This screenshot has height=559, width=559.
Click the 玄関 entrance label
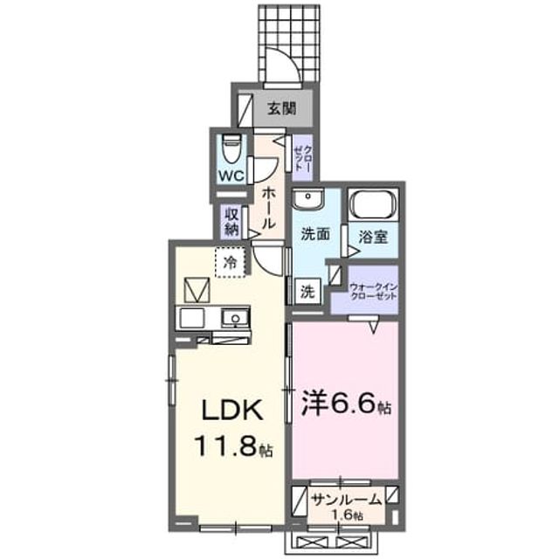click(x=282, y=108)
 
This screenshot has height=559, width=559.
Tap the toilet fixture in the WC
click(x=231, y=149)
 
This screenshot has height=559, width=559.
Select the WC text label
click(x=231, y=176)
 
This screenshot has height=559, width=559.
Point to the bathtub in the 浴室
click(x=373, y=205)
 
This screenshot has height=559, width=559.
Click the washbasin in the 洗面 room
click(x=307, y=198)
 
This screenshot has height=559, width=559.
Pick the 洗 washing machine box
click(x=307, y=291)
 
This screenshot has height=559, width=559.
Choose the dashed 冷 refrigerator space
click(x=231, y=262)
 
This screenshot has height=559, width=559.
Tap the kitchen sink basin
click(x=234, y=317)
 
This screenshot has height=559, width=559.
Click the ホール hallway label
click(x=269, y=209)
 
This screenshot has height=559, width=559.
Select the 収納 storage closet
click(x=231, y=221)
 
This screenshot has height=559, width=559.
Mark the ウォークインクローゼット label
click(x=373, y=292)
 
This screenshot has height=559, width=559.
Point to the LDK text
click(x=233, y=411)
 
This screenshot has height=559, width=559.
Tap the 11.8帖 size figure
click(x=233, y=447)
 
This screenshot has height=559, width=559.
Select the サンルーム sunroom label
click(x=346, y=500)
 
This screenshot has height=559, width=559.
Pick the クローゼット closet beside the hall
click(x=302, y=157)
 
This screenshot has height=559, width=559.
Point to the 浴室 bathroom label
click(x=373, y=237)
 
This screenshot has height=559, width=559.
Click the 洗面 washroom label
click(x=315, y=234)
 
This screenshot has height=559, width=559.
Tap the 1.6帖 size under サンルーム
click(x=348, y=514)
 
